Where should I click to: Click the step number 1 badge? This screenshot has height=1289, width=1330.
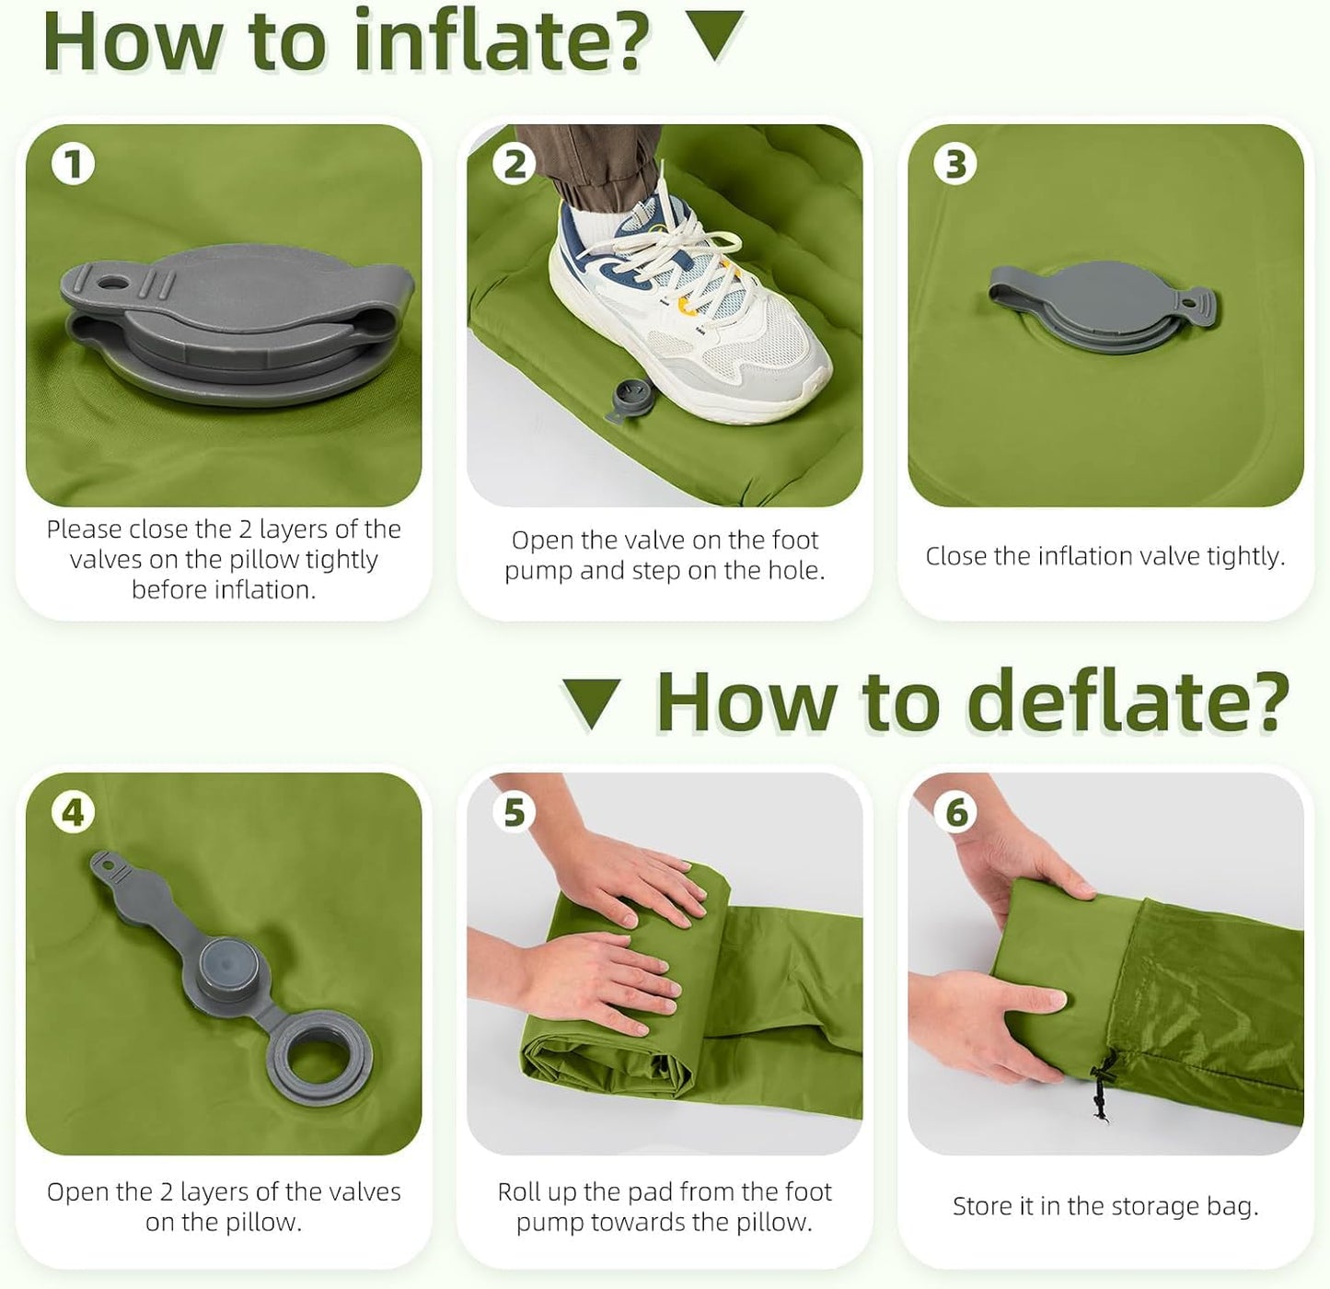tap(73, 165)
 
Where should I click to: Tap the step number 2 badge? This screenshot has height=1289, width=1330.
tap(514, 165)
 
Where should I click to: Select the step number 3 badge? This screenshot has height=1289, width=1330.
tap(955, 165)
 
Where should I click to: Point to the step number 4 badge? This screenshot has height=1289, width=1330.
tap(73, 813)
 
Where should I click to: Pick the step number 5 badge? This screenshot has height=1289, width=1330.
tap(514, 813)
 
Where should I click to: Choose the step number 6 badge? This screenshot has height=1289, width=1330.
tap(955, 813)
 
